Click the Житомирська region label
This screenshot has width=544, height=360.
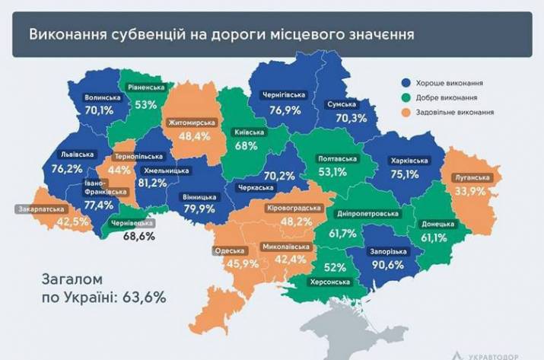(x=191, y=122)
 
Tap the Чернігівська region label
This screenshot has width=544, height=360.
(x=283, y=96)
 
